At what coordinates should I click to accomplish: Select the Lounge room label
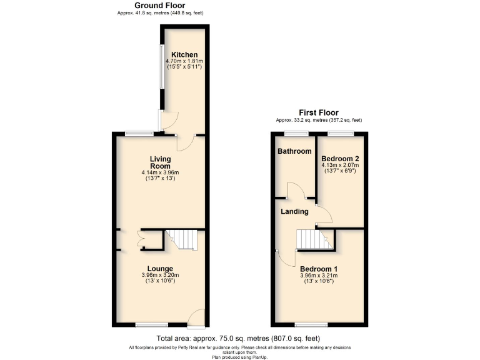tap(159, 268)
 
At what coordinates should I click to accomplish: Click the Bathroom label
tap(294, 151)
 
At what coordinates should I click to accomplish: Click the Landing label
tap(294, 211)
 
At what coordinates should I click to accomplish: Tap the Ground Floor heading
tap(161, 6)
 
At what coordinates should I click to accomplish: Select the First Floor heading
tap(319, 112)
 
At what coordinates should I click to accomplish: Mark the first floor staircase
tap(312, 239)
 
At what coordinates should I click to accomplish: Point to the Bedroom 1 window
tap(307, 324)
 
